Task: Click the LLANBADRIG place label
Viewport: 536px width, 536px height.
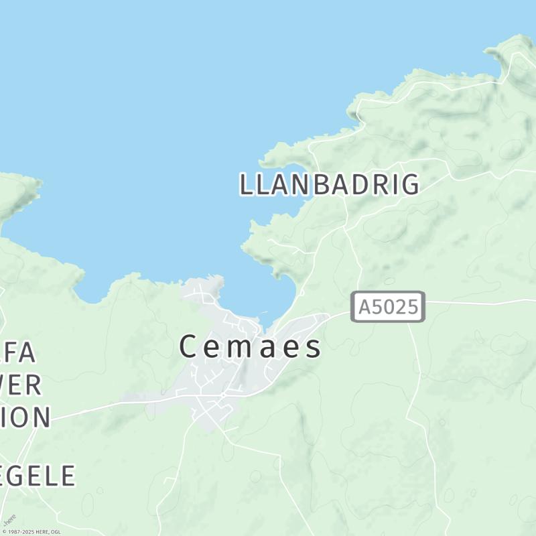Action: (329, 184)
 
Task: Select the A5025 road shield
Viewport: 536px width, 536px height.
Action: (389, 307)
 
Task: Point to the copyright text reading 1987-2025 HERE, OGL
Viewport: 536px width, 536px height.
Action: (31, 532)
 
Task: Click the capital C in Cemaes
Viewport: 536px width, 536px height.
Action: (189, 347)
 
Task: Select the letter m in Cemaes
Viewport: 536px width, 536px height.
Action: (242, 348)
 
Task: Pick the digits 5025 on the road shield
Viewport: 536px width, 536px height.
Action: (395, 307)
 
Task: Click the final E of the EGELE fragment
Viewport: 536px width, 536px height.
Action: (67, 476)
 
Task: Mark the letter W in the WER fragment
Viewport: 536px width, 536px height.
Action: (8, 385)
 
